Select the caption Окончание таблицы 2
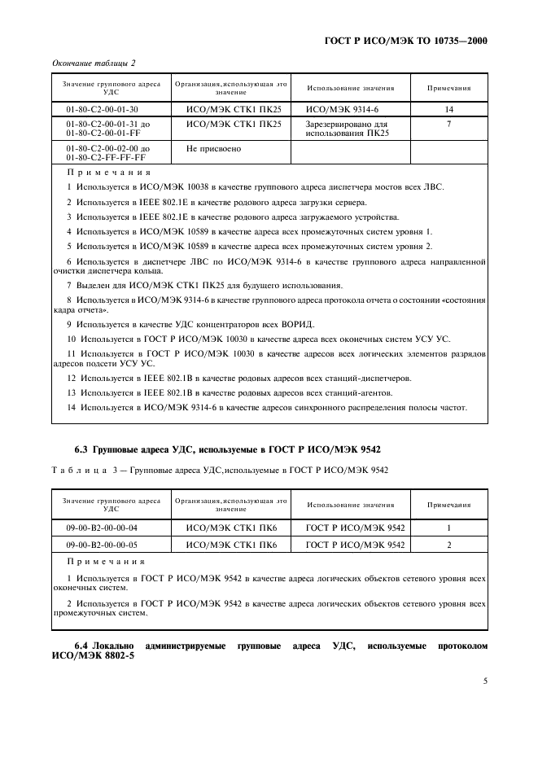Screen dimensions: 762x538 [x=94, y=63]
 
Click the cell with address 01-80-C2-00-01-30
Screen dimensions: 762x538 [x=102, y=108]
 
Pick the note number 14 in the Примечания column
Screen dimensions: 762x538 [x=449, y=108]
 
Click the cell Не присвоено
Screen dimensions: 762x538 [x=214, y=149]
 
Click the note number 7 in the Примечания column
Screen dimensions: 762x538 [x=449, y=124]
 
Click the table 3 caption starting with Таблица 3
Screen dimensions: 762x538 [x=220, y=469]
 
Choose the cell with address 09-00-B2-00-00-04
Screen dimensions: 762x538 [x=102, y=528]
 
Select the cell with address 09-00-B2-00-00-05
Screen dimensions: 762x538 [x=102, y=545]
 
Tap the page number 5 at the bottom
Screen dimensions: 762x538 [x=484, y=681]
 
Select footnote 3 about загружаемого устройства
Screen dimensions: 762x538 [x=232, y=217]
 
